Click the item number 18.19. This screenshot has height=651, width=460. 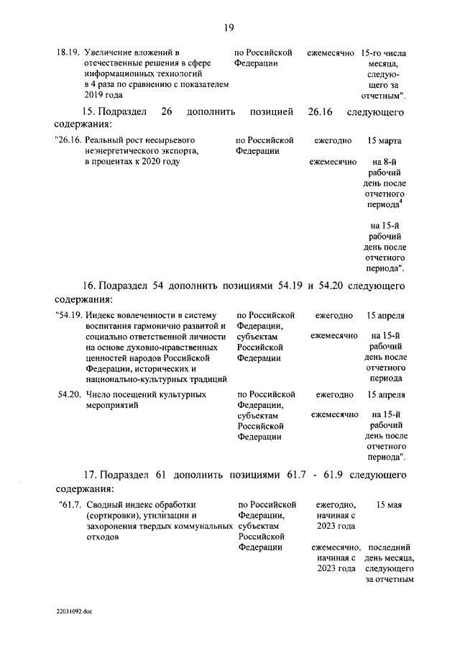click(68, 53)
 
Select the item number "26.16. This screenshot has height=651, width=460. click(67, 140)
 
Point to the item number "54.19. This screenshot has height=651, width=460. click(68, 315)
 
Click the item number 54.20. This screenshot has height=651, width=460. click(68, 395)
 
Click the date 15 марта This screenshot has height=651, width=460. click(385, 140)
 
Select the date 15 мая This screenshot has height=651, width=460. click(389, 504)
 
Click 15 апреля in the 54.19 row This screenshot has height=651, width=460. click(385, 315)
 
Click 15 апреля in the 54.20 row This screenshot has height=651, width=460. click(385, 395)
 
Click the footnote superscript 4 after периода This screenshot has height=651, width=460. click(400, 201)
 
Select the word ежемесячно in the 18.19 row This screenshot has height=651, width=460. click(331, 53)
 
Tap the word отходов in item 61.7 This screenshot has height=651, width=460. click(101, 536)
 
